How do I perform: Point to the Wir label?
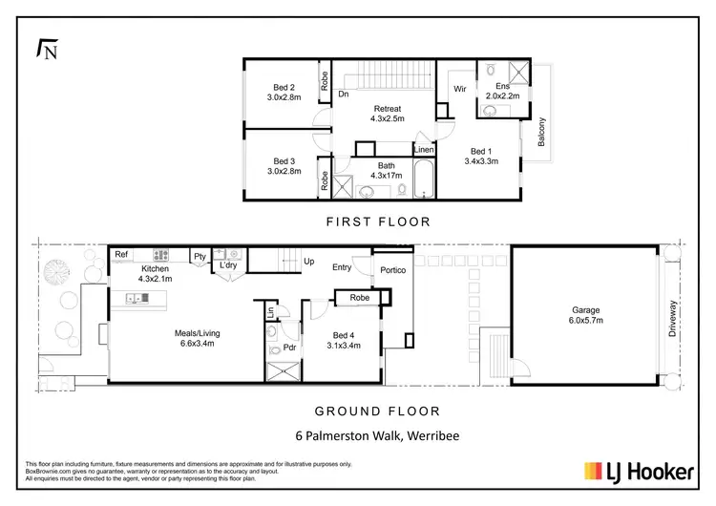(x=458, y=90)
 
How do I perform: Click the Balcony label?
(x=540, y=131)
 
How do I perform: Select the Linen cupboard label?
(x=424, y=150)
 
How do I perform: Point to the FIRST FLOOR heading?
(x=380, y=221)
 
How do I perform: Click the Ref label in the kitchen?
(x=121, y=255)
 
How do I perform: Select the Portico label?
(x=393, y=271)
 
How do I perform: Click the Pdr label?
(x=288, y=348)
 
